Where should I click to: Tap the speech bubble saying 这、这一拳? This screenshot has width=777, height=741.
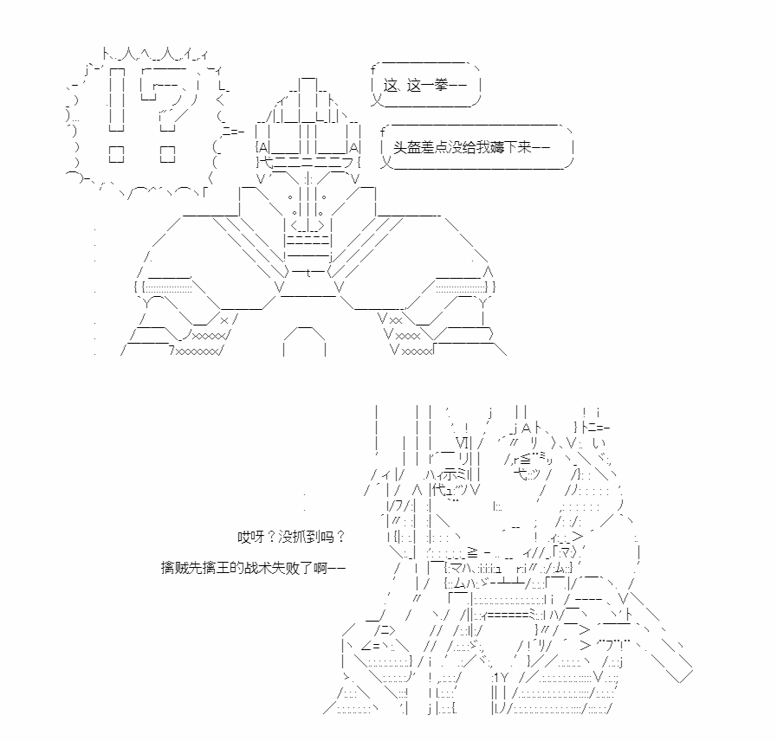point(425,85)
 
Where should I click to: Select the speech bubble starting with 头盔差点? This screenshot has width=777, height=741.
point(477,147)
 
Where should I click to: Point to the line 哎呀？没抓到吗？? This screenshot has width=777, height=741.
point(291,537)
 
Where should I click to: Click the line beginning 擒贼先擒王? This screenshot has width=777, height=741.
point(253,568)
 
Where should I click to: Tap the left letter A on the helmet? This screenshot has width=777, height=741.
point(263,147)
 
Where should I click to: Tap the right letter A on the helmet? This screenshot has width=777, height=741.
point(353,147)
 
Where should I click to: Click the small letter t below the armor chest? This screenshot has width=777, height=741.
point(308,273)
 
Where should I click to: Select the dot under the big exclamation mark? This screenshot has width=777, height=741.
point(116,155)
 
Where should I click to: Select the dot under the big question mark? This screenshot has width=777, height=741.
point(167,155)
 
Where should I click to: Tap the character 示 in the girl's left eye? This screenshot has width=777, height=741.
point(450,475)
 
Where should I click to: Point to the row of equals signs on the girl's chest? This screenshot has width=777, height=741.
point(507,615)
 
